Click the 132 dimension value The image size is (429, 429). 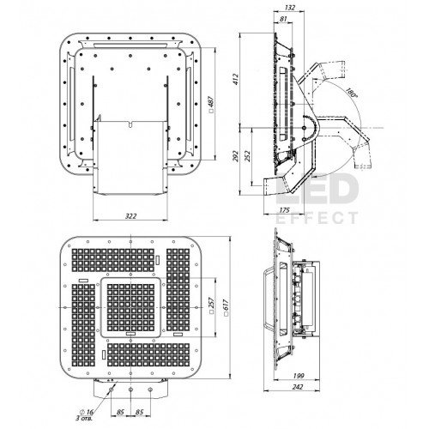(x=290, y=8)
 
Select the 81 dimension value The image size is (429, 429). (x=283, y=19)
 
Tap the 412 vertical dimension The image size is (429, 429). (x=235, y=79)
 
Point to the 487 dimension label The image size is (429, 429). (x=212, y=104)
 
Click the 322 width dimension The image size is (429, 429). (x=130, y=216)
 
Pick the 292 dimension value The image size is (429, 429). (x=235, y=156)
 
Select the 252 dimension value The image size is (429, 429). (x=248, y=156)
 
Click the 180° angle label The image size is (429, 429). (x=351, y=93)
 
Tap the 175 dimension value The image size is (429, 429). (x=284, y=210)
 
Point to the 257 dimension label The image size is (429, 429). (x=212, y=306)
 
